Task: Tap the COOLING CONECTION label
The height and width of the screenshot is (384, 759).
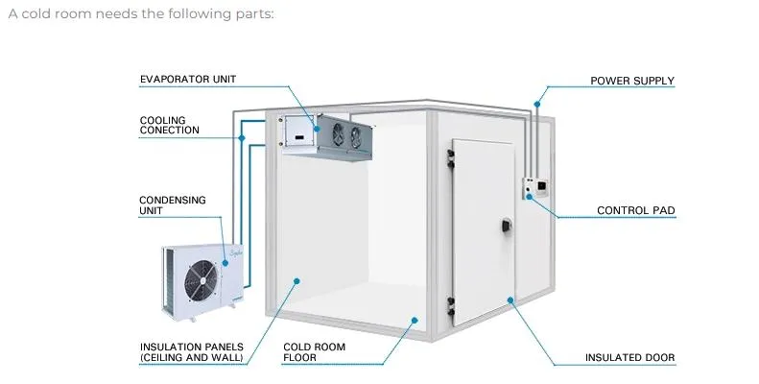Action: (x=169, y=125)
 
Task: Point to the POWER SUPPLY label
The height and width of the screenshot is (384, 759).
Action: (x=631, y=81)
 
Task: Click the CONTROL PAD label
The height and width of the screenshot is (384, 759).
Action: (x=635, y=209)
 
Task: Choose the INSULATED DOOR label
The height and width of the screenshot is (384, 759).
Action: (x=629, y=358)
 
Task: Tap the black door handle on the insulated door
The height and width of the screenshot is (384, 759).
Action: (x=505, y=227)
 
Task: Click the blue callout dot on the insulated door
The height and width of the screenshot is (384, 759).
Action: (x=510, y=300)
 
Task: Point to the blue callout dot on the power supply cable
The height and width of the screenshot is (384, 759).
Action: (x=537, y=103)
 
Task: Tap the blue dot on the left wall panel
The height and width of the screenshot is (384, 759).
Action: (x=297, y=281)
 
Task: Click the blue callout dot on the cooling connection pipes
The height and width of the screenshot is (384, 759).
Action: (x=244, y=137)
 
